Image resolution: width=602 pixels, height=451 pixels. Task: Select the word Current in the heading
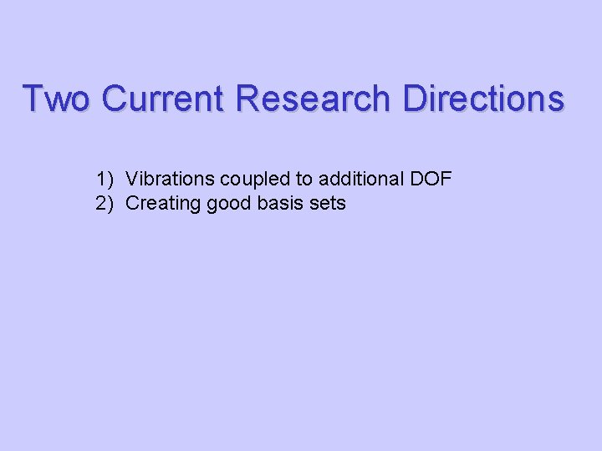163,99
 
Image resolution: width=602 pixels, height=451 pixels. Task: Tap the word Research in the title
313,99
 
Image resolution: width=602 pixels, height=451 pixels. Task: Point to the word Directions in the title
483,99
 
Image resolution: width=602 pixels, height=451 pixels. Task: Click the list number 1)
105,178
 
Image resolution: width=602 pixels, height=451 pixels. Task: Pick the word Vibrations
170,178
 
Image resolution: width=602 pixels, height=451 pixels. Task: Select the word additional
361,178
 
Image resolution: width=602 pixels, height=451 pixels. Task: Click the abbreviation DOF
430,178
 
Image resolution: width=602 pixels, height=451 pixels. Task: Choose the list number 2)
105,203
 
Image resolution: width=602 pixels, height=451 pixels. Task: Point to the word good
225,203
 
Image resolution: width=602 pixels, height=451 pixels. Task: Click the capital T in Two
33,99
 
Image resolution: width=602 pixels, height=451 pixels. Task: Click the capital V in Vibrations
132,178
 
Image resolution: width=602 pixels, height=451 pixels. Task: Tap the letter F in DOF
446,178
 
